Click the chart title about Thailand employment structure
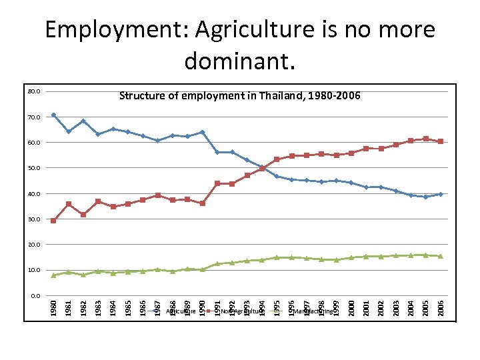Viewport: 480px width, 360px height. tap(239, 96)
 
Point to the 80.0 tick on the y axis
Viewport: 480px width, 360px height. tap(35, 91)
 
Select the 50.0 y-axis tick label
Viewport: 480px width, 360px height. tap(35, 168)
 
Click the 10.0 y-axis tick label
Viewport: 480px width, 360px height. tap(35, 271)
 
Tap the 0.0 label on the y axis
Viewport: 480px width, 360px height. tap(36, 296)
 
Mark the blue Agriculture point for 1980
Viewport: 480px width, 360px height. tap(53, 115)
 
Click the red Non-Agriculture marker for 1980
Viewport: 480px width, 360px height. tap(53, 221)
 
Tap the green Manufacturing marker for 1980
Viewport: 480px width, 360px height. tap(53, 275)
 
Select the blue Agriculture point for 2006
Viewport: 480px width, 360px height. tap(441, 194)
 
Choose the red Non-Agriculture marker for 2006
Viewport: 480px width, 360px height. tap(441, 141)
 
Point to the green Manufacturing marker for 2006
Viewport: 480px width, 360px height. tap(441, 256)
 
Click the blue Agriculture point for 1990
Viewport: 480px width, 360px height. tap(202, 132)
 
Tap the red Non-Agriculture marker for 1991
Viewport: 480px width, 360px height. tap(217, 183)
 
